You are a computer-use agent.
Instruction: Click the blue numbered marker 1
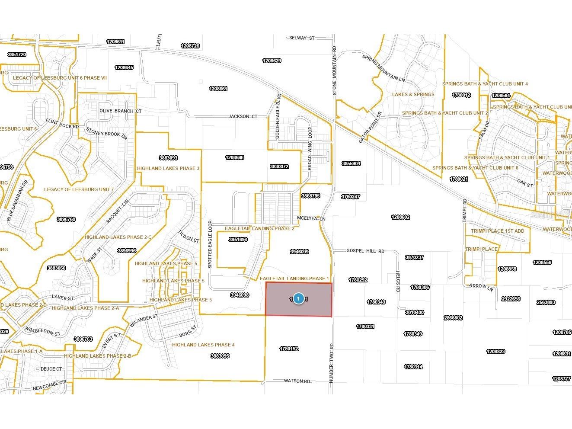298,299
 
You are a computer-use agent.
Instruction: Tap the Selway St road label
302,38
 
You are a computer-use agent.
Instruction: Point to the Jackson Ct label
243,116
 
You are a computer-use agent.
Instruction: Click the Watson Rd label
297,381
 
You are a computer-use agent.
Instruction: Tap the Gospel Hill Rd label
365,251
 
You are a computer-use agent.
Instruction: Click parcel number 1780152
289,349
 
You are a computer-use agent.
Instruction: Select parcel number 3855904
351,163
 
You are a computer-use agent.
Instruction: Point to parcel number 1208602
400,217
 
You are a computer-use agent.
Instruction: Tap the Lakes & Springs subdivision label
413,94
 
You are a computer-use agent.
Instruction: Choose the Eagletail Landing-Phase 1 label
294,279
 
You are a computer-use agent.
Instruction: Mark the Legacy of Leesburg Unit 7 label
79,189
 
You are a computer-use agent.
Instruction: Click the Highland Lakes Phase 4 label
203,345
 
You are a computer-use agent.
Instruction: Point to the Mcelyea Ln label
311,219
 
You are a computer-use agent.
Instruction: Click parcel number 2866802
453,318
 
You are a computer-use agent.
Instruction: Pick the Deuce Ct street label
51,369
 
